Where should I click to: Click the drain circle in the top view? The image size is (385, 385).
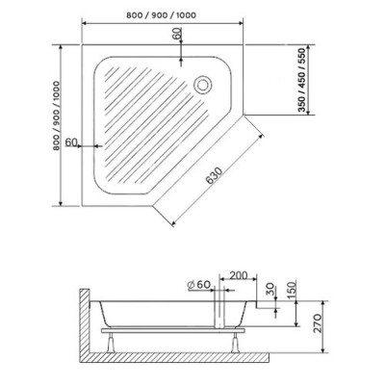point(202,85)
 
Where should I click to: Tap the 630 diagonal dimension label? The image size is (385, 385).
point(215,175)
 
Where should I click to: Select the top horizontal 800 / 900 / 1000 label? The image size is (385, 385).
point(161,15)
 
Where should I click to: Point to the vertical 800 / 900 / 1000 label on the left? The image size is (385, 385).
point(57,115)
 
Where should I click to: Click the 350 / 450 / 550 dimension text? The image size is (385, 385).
point(301,80)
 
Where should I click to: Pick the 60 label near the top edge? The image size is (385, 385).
point(177,34)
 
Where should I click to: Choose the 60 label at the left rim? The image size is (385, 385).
point(71,141)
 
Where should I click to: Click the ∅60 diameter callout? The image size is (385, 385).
point(198,284)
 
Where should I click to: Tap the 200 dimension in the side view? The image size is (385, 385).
point(239,275)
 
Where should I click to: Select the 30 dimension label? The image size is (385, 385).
point(270,290)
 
